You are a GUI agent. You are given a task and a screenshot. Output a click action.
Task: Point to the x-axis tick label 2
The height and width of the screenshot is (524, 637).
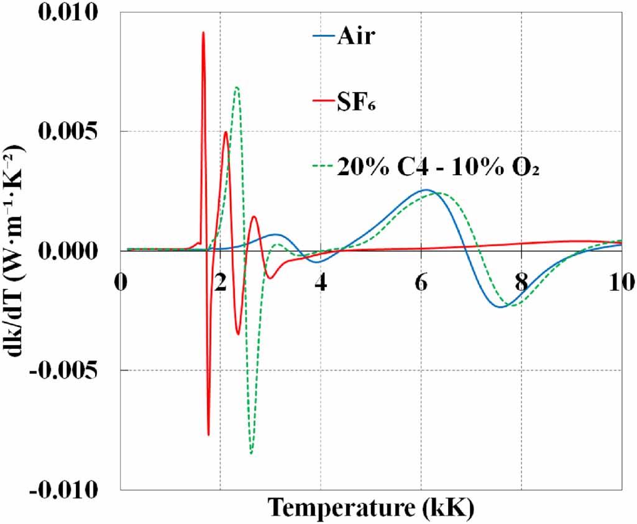point(221,281)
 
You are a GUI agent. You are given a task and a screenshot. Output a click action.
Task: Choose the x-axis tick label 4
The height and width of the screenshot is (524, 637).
point(321,281)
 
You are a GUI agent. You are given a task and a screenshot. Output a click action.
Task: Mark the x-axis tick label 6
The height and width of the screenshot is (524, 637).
point(421,281)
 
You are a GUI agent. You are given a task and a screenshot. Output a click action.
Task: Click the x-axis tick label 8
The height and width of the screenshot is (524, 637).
point(521,281)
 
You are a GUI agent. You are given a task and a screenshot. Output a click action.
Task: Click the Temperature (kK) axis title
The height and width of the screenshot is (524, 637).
point(371,508)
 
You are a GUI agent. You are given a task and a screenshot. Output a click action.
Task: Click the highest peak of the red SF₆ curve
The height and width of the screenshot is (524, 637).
point(203,32)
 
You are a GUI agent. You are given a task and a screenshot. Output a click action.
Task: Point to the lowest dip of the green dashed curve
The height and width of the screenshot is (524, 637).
point(251,453)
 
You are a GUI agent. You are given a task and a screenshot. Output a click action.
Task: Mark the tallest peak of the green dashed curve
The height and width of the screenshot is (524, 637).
point(237,87)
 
